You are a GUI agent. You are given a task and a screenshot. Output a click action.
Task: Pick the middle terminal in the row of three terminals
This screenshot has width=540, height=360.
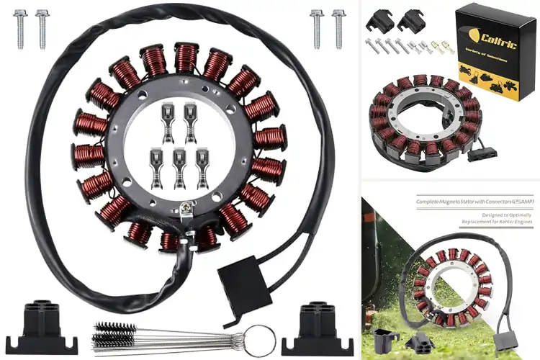[179, 163]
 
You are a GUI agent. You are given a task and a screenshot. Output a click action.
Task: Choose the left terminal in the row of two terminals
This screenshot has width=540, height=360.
[167, 120]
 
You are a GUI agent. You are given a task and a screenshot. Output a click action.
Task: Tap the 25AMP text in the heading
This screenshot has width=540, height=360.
[523, 202]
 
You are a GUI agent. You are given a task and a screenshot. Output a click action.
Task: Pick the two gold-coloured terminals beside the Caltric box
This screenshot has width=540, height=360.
[444, 48]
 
